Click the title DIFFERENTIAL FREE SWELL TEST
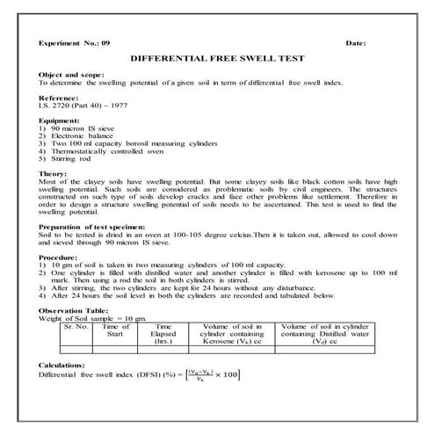click(216, 59)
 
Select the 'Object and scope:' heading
click(72, 76)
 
